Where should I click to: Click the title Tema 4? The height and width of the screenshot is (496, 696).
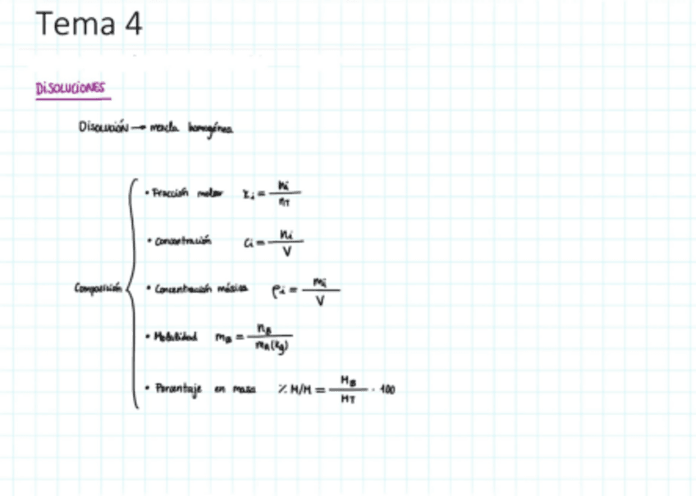[89, 25]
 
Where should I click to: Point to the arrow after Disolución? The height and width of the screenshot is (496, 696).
[139, 128]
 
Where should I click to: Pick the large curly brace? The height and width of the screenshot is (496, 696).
[132, 291]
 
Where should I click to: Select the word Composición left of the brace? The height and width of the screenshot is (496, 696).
[97, 288]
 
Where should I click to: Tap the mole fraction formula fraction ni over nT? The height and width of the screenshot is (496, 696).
[284, 193]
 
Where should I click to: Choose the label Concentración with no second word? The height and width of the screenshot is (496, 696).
[182, 241]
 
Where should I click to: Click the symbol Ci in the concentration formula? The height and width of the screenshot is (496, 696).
[250, 243]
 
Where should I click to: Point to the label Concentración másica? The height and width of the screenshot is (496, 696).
[200, 289]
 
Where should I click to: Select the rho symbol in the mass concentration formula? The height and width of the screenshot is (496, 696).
[278, 289]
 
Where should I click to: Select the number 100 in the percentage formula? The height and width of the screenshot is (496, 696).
[387, 389]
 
